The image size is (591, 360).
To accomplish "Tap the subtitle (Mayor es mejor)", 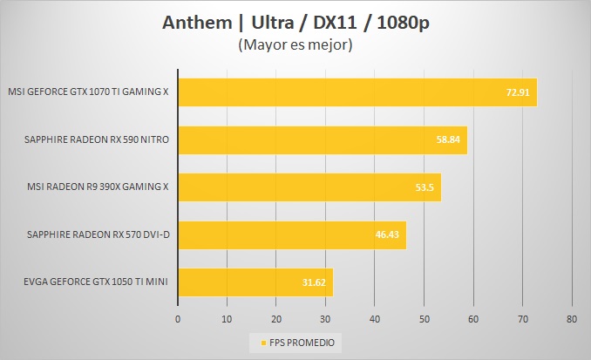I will [x=295, y=44].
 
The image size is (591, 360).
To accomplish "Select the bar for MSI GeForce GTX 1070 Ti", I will [x=357, y=92].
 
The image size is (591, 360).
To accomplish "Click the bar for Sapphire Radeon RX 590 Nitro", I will [x=323, y=139].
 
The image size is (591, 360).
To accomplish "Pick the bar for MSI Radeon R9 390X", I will [x=309, y=187].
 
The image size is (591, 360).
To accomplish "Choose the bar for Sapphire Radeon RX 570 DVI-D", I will [x=292, y=234].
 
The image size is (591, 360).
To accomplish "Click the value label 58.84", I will [x=450, y=139].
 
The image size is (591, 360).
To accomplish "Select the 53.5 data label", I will [x=426, y=187].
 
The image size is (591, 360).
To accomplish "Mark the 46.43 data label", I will [x=389, y=234].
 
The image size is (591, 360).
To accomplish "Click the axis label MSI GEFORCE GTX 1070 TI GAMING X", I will [x=88, y=92].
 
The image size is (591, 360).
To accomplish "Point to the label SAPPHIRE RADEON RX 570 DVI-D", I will [x=98, y=234].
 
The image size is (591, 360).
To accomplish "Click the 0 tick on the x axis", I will [x=178, y=319].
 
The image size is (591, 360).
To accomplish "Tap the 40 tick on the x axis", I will [x=375, y=319].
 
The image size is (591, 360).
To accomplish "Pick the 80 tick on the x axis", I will [x=572, y=319].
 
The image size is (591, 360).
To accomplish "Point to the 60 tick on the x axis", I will [x=473, y=319].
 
